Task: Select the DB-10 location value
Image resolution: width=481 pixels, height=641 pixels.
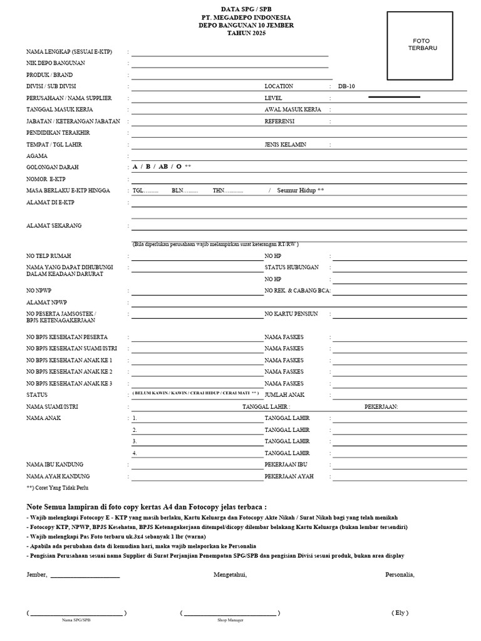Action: (x=346, y=86)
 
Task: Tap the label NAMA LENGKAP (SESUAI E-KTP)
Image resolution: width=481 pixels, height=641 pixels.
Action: (x=69, y=51)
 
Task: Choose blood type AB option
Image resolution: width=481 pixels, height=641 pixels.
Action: (x=163, y=167)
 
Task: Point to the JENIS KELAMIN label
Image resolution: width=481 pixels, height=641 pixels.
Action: (x=285, y=145)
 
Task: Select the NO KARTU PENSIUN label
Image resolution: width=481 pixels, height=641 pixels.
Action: (x=291, y=314)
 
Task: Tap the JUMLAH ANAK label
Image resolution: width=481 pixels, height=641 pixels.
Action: (x=285, y=395)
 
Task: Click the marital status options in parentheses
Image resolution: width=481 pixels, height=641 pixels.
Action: (x=195, y=393)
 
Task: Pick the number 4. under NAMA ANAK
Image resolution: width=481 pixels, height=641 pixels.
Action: (x=135, y=453)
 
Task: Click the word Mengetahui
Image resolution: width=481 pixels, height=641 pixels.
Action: (x=230, y=575)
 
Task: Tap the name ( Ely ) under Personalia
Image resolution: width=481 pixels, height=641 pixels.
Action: (x=400, y=612)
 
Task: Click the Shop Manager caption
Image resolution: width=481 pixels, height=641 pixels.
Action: (x=230, y=620)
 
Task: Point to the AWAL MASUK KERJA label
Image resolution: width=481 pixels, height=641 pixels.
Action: (x=292, y=110)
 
